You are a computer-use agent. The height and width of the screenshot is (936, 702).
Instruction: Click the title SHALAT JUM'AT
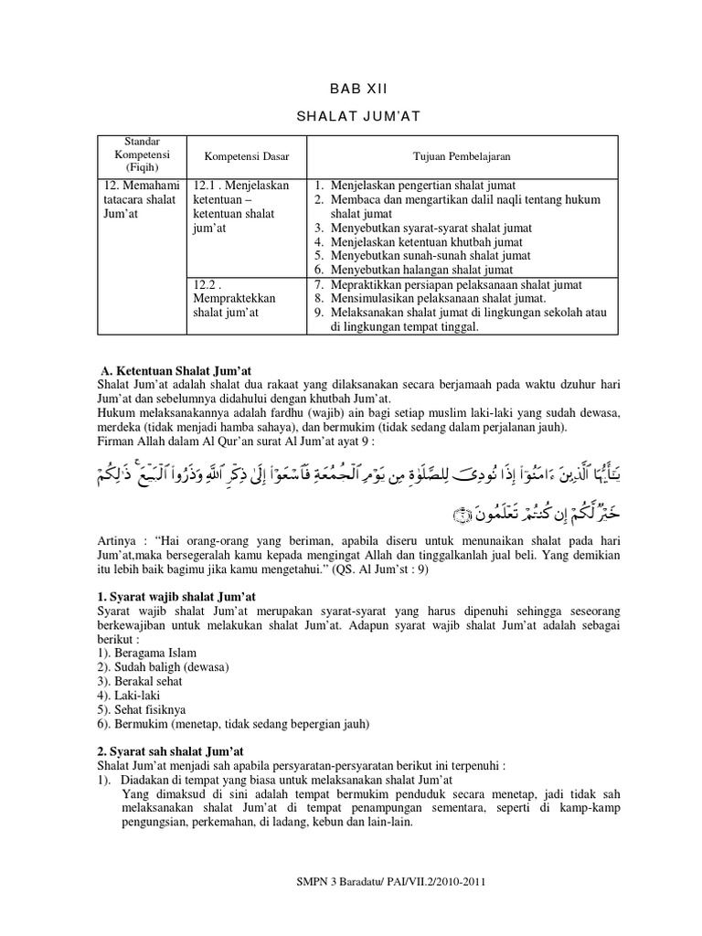click(351, 116)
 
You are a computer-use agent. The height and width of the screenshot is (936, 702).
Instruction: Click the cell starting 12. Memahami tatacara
click(137, 198)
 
